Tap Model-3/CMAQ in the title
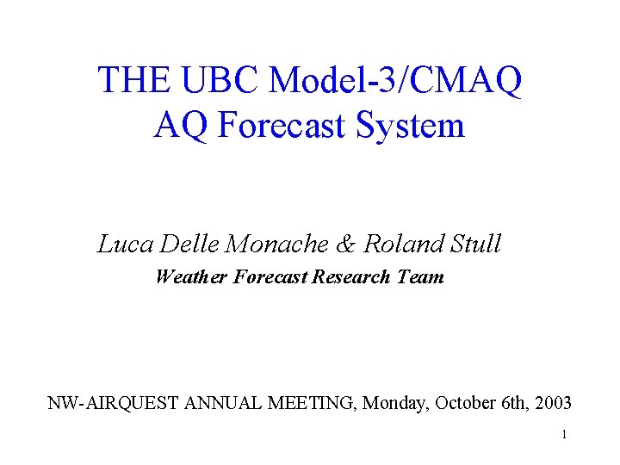click(395, 80)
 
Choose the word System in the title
click(417, 126)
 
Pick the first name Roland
click(400, 244)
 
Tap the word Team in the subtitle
click(420, 277)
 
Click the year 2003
click(552, 402)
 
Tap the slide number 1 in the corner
click(564, 435)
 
